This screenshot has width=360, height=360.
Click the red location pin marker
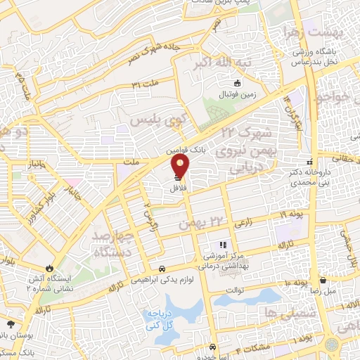[x=181, y=167]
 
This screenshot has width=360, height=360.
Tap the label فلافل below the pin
[x=177, y=190]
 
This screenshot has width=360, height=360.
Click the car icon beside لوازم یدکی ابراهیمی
[x=162, y=268]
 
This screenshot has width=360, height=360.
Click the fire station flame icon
[x=49, y=268]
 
